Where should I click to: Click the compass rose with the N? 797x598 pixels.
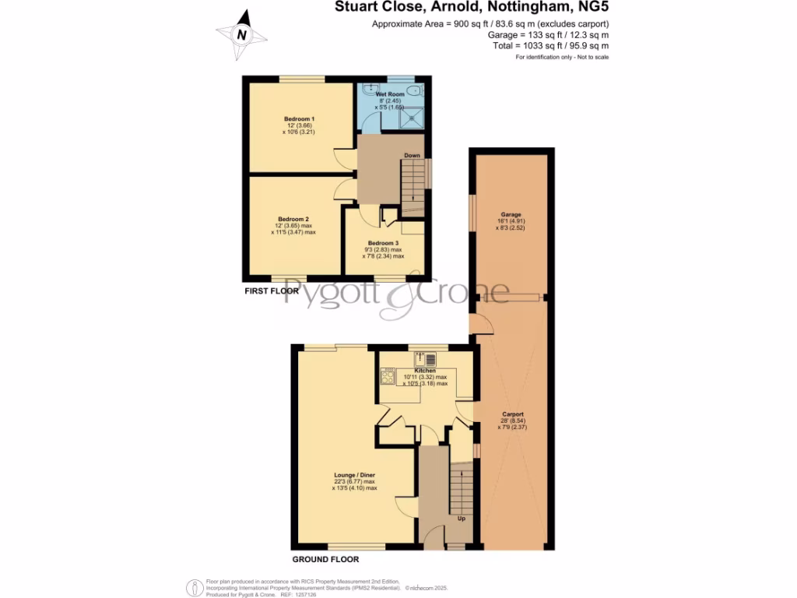[242, 34]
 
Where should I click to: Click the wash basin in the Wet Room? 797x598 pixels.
[371, 88]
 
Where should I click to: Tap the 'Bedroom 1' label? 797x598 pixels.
[299, 118]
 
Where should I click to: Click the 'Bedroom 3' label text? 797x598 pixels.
[384, 243]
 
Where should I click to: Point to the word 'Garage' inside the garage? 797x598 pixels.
[511, 214]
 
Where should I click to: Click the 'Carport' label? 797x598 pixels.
[513, 414]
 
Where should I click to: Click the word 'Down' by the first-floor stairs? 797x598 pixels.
[412, 156]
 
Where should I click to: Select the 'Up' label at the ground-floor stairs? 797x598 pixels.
[461, 519]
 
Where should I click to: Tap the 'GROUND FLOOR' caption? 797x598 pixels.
[325, 559]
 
